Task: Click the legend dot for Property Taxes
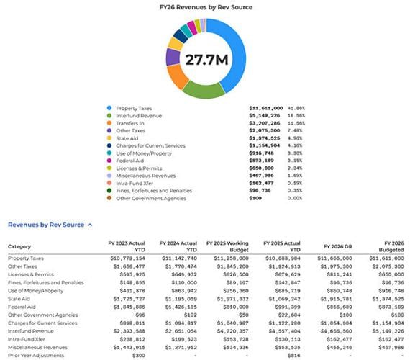(x=109, y=108)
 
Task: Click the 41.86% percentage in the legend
(x=296, y=108)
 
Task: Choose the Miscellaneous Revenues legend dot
(x=109, y=176)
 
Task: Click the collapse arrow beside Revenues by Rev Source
(x=90, y=225)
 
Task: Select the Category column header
(x=20, y=246)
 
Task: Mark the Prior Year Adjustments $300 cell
(x=137, y=354)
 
